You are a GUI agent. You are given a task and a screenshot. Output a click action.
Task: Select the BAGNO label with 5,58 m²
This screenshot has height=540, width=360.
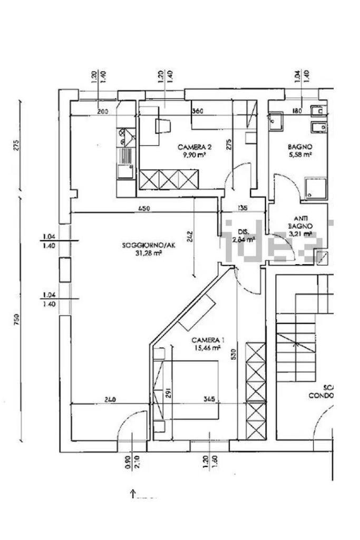[x=300, y=147]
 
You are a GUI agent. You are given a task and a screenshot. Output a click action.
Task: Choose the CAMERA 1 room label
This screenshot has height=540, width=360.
[x=208, y=340]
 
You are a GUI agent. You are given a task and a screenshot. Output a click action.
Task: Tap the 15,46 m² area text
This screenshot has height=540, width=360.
[x=208, y=348]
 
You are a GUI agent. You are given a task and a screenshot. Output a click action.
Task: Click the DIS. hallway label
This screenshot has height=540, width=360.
[x=243, y=232]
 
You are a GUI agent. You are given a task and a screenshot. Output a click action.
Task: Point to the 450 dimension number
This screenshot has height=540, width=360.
[x=144, y=208]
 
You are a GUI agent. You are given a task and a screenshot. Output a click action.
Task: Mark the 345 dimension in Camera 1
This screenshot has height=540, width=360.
[x=210, y=400]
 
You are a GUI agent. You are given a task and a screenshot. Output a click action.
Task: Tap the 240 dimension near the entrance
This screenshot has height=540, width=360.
[x=110, y=400]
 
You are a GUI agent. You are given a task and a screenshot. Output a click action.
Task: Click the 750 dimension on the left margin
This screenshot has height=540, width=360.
[x=16, y=319]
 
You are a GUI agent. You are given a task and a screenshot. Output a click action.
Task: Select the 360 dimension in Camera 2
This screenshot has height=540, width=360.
[x=198, y=111]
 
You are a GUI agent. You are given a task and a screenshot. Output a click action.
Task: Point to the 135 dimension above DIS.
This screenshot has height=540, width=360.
[x=243, y=208]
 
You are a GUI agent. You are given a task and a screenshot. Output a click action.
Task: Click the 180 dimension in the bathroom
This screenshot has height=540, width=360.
[x=297, y=111]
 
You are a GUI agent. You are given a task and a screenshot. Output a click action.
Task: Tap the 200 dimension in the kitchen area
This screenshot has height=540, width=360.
[x=103, y=111]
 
